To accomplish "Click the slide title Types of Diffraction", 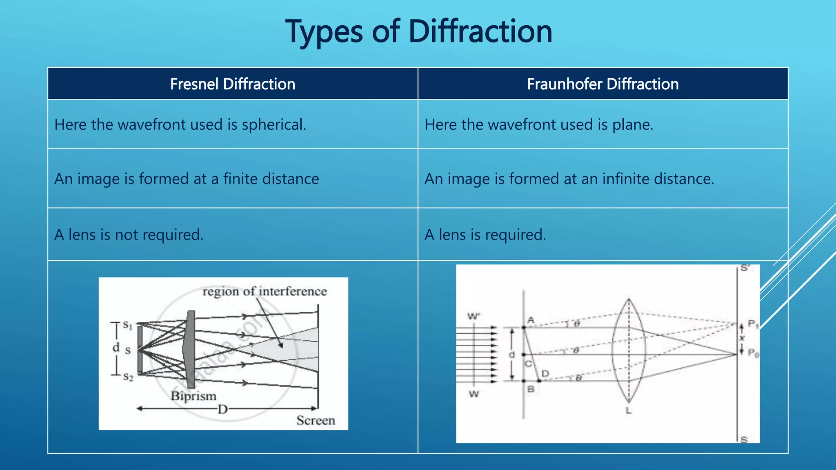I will click(x=419, y=32).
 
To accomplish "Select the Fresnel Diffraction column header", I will click(x=233, y=84).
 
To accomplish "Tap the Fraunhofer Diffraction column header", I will click(x=603, y=84).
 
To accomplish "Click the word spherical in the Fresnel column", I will click(x=273, y=125).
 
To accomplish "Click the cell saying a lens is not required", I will click(x=129, y=235).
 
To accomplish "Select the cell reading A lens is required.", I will click(x=485, y=235).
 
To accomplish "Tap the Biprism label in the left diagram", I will click(x=193, y=396).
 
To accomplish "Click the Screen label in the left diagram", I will click(x=316, y=420).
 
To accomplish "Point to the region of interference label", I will click(x=265, y=291).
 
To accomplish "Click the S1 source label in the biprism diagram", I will click(x=128, y=326).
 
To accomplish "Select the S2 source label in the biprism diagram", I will click(x=128, y=377).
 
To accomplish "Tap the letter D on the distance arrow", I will click(x=222, y=409).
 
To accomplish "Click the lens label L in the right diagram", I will click(x=629, y=410).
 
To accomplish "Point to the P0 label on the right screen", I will click(x=753, y=353).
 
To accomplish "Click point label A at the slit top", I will click(x=531, y=320).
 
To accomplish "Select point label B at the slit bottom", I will click(x=531, y=389).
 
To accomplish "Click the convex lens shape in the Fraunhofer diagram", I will click(x=629, y=351).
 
